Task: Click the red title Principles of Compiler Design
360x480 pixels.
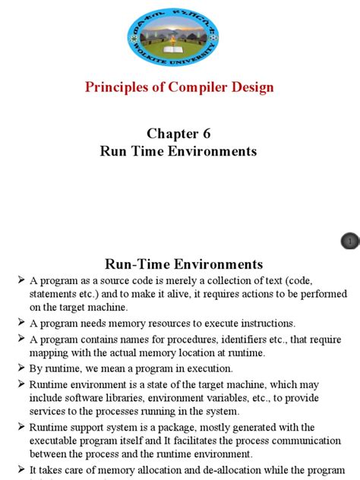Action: [x=180, y=87]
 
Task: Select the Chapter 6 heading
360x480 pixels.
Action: [x=179, y=134]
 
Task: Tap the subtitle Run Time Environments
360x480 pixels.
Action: [x=179, y=151]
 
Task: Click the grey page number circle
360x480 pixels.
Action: [x=350, y=242]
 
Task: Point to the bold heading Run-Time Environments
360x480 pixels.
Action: [x=184, y=264]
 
